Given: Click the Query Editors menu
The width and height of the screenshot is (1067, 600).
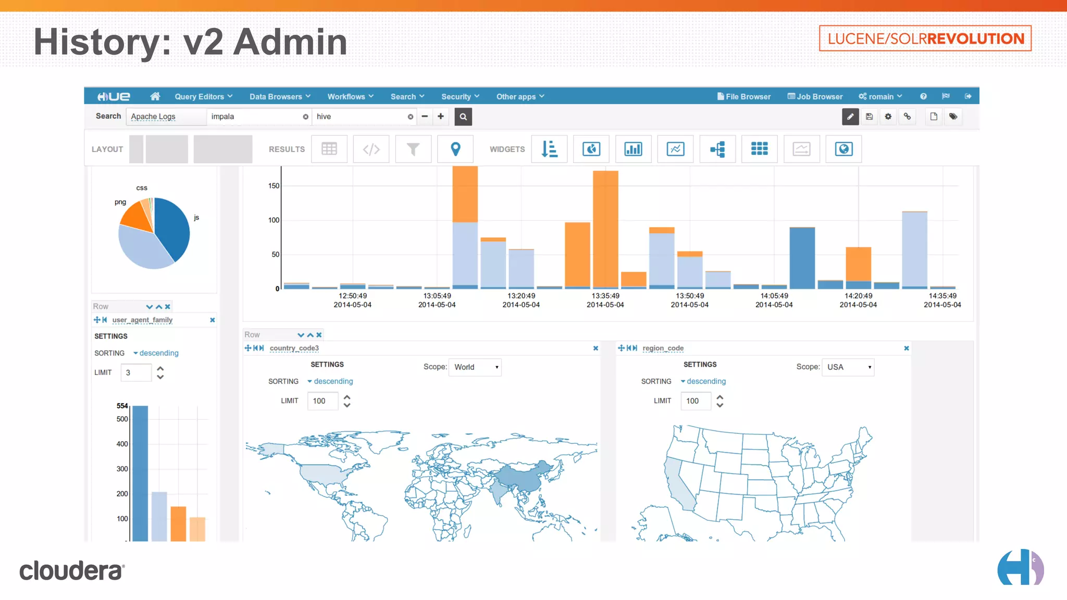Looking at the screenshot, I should tap(203, 96).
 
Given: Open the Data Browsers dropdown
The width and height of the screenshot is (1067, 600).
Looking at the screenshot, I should tap(280, 96).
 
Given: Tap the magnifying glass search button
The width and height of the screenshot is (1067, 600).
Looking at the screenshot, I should tap(463, 117).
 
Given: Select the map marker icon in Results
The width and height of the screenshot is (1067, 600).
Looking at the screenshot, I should tap(455, 149).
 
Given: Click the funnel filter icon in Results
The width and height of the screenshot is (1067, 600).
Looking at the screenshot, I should tap(413, 149).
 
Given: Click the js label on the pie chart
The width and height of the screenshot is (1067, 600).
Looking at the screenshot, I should tap(196, 217).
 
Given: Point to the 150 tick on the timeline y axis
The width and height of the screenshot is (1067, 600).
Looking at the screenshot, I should tap(274, 186).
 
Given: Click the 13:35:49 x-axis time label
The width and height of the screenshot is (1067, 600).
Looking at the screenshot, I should tap(605, 296).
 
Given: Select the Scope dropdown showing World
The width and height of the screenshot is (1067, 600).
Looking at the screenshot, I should tap(475, 367).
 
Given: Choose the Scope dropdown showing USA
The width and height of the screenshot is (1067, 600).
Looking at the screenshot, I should tap(848, 367).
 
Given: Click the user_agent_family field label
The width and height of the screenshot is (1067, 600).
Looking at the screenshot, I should tap(142, 320).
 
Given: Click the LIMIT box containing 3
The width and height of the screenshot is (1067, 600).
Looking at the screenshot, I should tap(136, 372).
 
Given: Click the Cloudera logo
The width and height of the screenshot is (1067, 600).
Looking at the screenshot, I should tap(72, 570).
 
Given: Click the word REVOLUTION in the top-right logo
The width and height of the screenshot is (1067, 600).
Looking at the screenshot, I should tap(975, 39).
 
